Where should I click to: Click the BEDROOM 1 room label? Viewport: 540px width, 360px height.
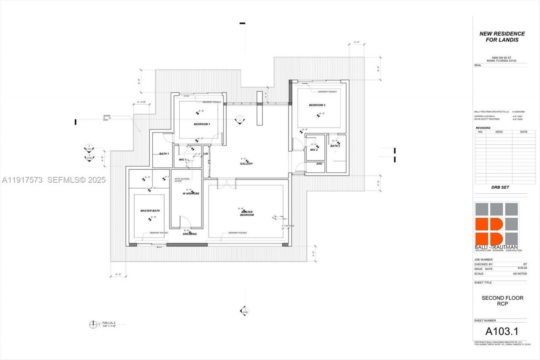tap(202, 124)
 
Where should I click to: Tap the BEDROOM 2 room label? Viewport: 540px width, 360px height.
tap(317, 105)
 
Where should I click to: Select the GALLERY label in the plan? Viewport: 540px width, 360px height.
tap(246, 164)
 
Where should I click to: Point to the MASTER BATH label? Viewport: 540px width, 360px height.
tap(150, 211)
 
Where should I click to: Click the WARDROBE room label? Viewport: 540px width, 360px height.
tap(191, 193)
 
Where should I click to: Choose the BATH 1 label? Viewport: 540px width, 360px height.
tap(164, 154)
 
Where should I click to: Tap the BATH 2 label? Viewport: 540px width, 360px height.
tap(335, 146)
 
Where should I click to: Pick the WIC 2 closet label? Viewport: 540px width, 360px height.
tap(313, 150)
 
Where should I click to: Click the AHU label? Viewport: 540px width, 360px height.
tap(319, 164)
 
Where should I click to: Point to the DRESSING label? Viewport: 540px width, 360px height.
tap(189, 234)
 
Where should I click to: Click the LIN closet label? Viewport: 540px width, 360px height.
tap(206, 154)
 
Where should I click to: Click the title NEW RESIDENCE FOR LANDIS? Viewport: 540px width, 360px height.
tap(502, 37)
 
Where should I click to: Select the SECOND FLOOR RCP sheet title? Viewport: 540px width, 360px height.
tap(502, 301)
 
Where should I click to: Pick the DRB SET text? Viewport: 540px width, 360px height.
tap(500, 187)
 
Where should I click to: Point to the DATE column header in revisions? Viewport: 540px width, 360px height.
tap(524, 132)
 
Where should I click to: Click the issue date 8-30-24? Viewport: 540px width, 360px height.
tap(522, 269)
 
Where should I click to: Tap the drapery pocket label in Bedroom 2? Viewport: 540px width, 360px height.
tap(327, 92)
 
